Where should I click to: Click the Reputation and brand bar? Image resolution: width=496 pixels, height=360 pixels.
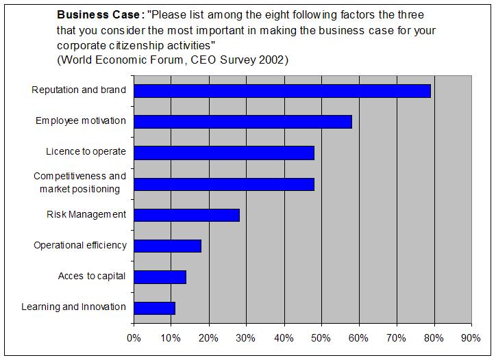(x=282, y=90)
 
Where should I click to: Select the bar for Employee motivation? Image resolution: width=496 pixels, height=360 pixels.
(x=243, y=121)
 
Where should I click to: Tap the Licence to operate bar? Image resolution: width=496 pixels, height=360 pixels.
(x=224, y=152)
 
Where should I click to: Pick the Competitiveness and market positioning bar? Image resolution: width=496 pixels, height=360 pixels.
(x=224, y=183)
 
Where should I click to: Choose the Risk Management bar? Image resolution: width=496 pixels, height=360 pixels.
(x=186, y=215)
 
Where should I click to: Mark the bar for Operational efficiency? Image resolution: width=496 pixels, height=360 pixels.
(x=167, y=246)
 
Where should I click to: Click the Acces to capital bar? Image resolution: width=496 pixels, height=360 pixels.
(x=160, y=277)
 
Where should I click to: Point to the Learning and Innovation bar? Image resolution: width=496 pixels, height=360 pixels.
(x=154, y=308)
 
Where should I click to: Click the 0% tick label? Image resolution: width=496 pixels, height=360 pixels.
(x=134, y=337)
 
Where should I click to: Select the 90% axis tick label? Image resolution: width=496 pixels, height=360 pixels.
(x=471, y=337)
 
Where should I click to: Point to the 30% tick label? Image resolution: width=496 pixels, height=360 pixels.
(x=246, y=337)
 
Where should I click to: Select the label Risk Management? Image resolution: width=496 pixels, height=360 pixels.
(x=86, y=214)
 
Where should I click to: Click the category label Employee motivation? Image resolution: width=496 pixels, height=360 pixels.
(x=81, y=120)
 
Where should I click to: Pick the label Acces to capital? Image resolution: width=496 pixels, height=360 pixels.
(x=92, y=276)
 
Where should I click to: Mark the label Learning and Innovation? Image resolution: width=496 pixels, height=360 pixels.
(x=74, y=307)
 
